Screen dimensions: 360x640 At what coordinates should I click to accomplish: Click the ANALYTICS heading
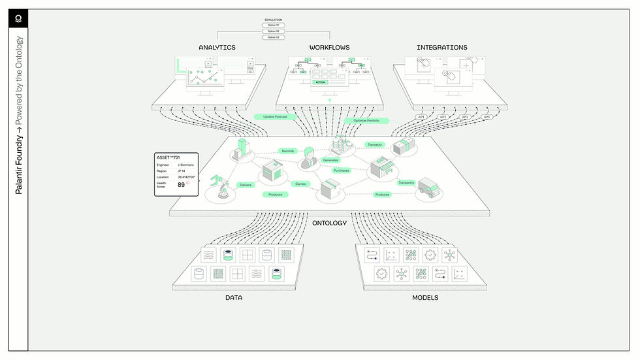[217, 48]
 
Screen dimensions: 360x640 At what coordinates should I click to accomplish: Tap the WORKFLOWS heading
[329, 48]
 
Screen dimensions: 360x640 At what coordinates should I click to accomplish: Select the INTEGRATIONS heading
[441, 48]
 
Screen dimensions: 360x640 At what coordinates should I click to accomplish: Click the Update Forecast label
[276, 117]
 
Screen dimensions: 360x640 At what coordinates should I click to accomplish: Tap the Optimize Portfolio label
[366, 121]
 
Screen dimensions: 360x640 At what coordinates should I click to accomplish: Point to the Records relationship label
[288, 151]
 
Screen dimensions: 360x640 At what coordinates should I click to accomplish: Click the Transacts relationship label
[375, 144]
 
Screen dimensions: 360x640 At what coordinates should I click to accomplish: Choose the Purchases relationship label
[341, 171]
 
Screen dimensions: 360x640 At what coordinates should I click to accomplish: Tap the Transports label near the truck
[406, 183]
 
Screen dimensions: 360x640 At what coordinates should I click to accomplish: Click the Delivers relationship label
[246, 185]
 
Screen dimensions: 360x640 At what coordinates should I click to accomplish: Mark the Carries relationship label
[300, 184]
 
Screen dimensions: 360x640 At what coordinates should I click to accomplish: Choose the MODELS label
[424, 298]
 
